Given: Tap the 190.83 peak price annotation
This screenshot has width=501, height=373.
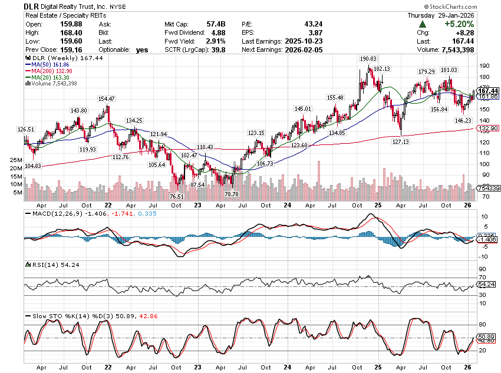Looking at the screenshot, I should click(x=368, y=59).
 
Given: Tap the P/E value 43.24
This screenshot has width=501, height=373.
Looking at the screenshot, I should click(x=289, y=24).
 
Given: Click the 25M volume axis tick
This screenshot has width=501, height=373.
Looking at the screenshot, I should click(x=17, y=160).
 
